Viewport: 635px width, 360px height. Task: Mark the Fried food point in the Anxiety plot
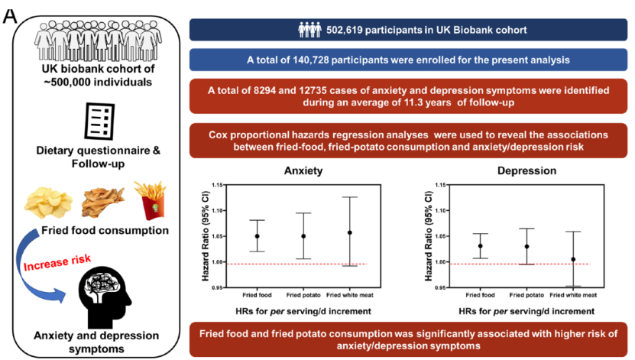[257, 236]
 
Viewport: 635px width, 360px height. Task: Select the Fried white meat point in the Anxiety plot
[350, 232]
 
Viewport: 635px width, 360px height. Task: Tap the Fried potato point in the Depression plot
[526, 246]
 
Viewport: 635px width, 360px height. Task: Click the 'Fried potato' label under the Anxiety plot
[303, 295]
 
